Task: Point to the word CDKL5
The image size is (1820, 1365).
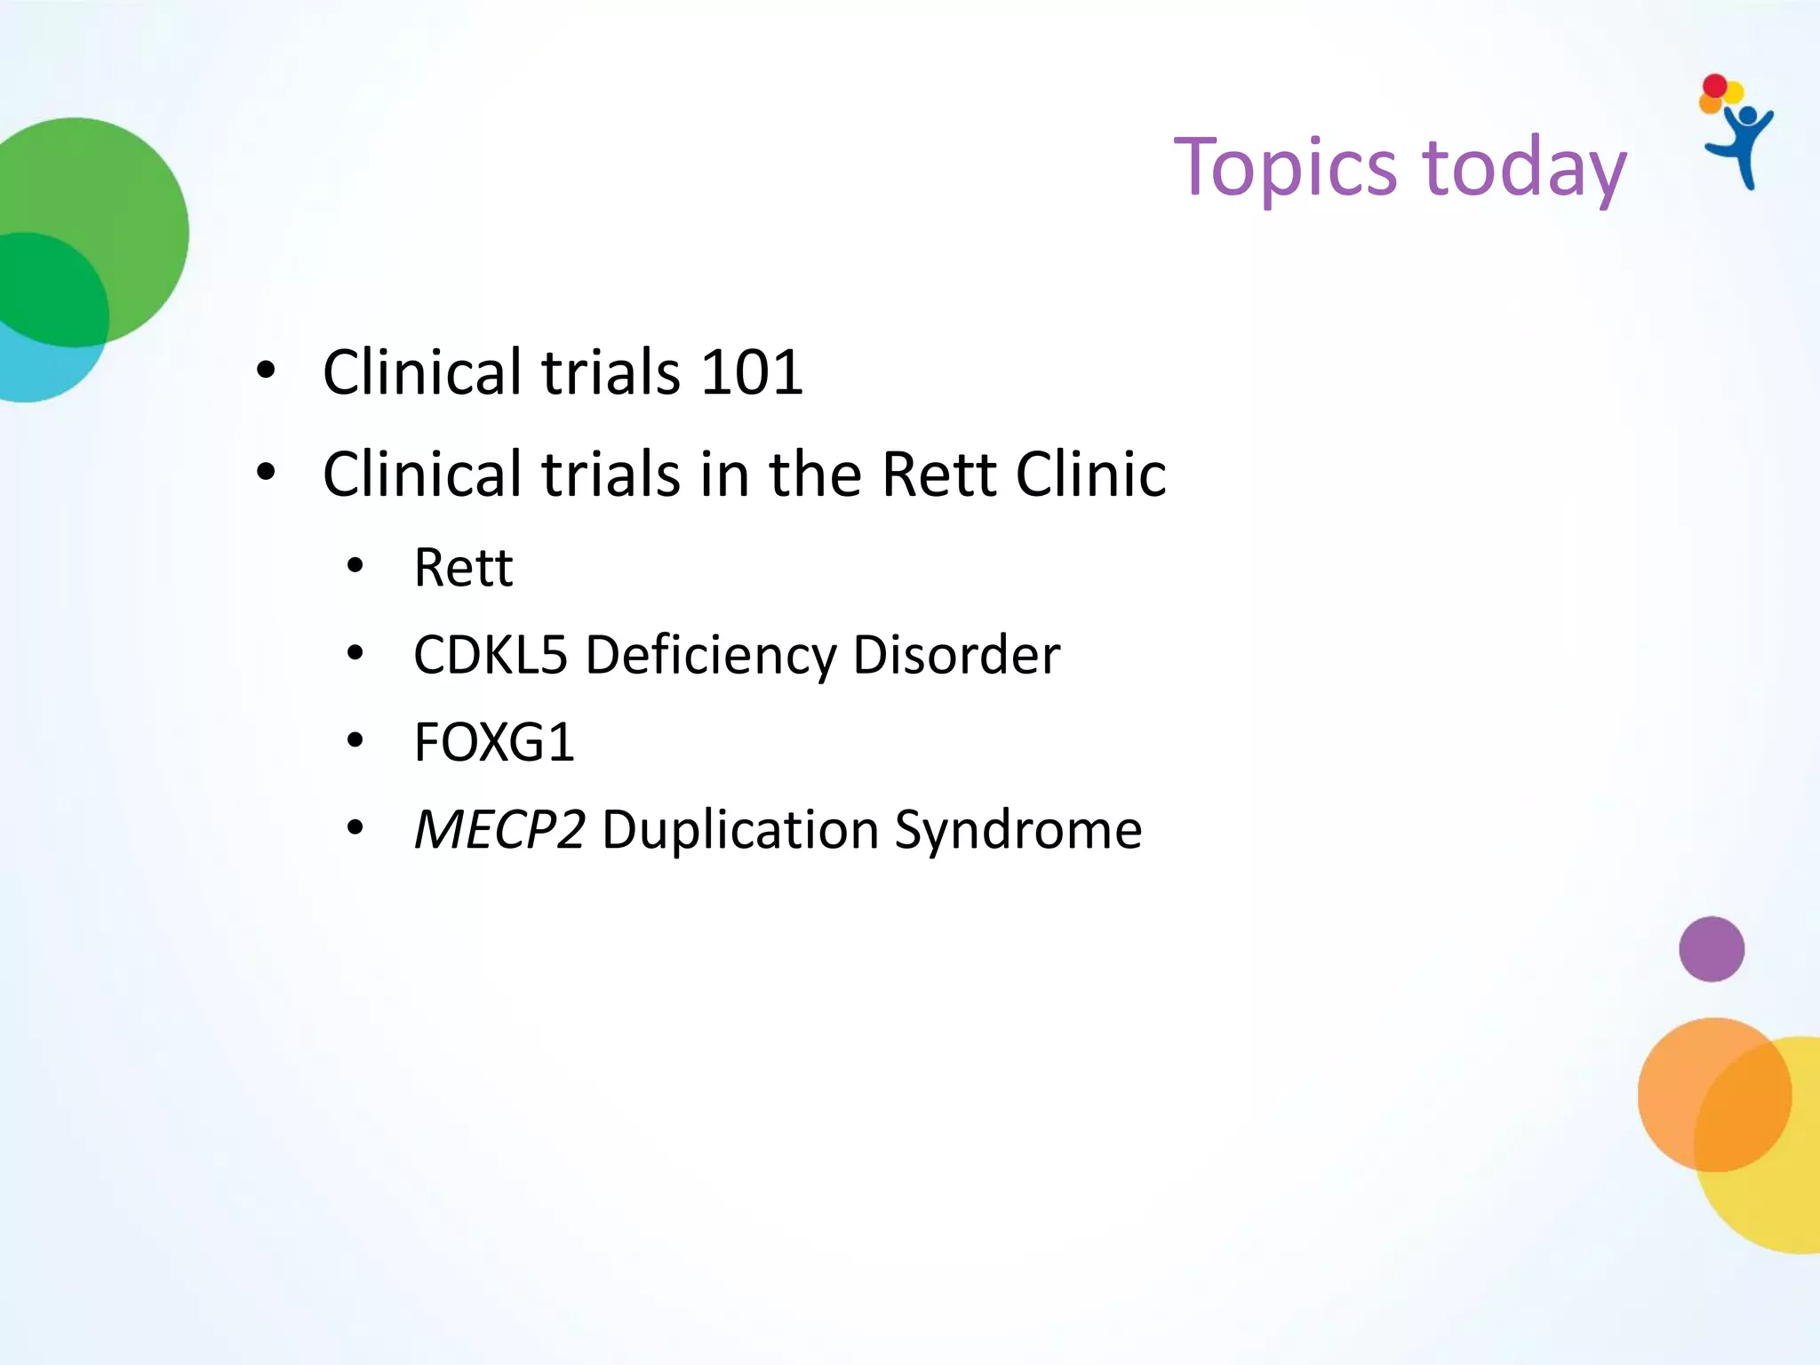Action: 490,655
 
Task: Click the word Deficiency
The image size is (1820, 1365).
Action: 710,655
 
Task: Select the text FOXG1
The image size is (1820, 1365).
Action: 494,742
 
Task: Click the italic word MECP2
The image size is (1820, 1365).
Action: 499,830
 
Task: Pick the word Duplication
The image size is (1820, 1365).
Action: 740,830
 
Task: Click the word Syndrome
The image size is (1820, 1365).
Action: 1018,830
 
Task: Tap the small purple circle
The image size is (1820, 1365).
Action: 1711,949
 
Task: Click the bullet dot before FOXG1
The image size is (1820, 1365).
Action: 355,740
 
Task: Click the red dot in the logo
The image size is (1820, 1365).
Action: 1714,86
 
